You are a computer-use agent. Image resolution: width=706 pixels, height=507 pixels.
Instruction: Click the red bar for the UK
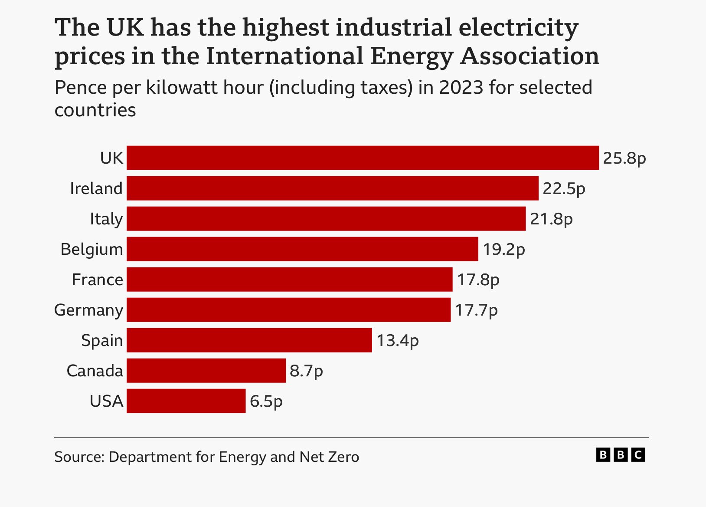pyautogui.click(x=363, y=158)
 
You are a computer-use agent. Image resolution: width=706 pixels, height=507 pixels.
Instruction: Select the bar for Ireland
pyautogui.click(x=333, y=188)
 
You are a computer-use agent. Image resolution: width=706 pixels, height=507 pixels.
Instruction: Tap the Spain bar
pyautogui.click(x=249, y=340)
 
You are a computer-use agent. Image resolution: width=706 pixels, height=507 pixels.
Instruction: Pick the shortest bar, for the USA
pyautogui.click(x=186, y=401)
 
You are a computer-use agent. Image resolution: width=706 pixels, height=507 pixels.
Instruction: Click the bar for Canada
pyautogui.click(x=206, y=371)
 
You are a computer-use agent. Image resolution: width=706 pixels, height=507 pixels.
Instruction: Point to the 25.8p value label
pyautogui.click(x=624, y=158)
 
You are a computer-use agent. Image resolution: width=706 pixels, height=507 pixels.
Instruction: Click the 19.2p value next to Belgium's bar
pyautogui.click(x=504, y=250)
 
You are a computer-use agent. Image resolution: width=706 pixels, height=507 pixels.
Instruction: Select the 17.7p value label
pyautogui.click(x=476, y=310)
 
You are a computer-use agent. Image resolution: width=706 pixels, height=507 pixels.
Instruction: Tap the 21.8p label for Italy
pyautogui.click(x=551, y=219)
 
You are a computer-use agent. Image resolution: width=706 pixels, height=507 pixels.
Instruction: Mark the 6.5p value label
pyautogui.click(x=266, y=402)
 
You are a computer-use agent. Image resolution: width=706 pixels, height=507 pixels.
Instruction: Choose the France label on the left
pyautogui.click(x=98, y=280)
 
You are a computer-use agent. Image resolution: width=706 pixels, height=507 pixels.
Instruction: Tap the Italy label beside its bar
pyautogui.click(x=106, y=219)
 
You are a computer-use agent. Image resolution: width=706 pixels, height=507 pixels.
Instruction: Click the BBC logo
pyautogui.click(x=621, y=455)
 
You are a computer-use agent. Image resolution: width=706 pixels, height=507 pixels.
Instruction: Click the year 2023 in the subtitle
pyautogui.click(x=461, y=88)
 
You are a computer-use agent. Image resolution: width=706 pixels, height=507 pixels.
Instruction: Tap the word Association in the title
pyautogui.click(x=529, y=56)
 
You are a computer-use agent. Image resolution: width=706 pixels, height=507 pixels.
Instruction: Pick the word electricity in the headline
pyautogui.click(x=518, y=28)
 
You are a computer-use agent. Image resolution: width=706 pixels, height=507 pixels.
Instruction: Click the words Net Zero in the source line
pyautogui.click(x=329, y=457)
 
